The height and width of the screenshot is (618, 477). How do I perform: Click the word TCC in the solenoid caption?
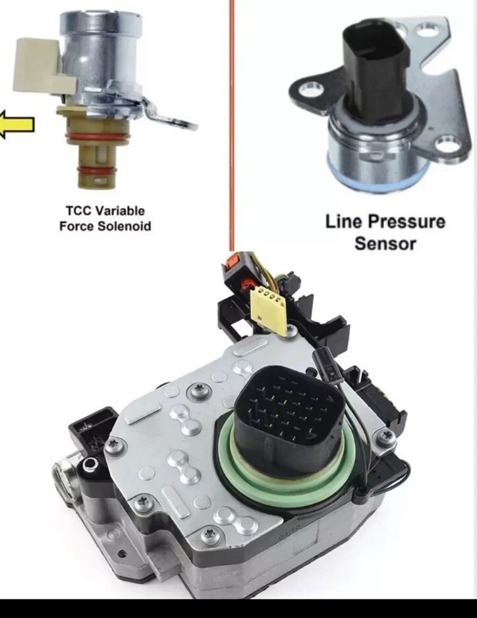80,211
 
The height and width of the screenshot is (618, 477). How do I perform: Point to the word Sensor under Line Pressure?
385,243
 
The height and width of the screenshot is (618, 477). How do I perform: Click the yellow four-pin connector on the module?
270,306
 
